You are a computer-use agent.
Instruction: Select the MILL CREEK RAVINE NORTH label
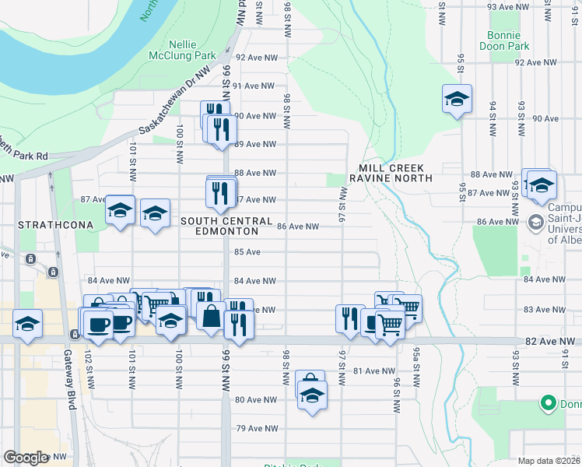395,173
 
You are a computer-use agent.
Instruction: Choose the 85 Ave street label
247,252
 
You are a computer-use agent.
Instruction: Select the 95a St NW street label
418,370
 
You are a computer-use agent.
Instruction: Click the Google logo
26,458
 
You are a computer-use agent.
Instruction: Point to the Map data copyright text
548,461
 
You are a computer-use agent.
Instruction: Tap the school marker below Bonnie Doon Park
458,99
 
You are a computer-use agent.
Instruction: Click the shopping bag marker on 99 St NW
211,315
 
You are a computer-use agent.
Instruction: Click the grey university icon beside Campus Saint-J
536,223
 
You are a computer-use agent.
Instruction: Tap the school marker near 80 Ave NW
312,395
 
